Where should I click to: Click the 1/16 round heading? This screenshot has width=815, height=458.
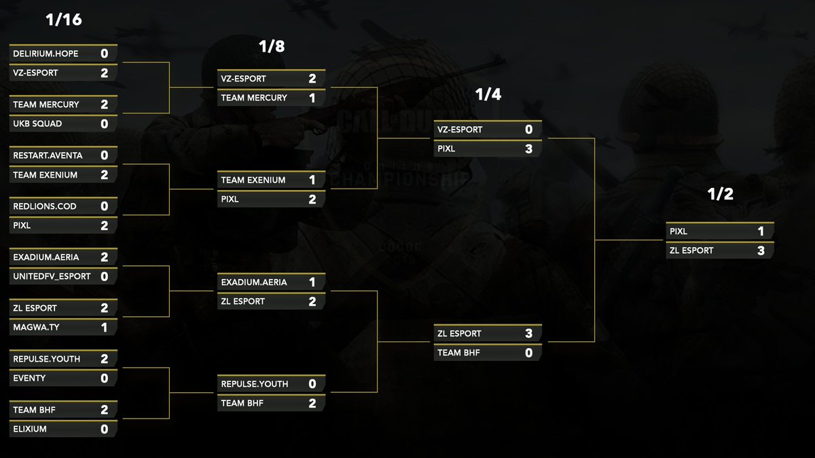[x=63, y=20]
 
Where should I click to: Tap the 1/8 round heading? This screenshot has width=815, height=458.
[x=272, y=47]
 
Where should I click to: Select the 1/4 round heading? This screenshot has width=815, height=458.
[x=488, y=95]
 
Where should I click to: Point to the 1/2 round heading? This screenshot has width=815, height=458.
[x=720, y=195]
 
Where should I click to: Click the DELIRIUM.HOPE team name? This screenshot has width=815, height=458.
[x=46, y=54]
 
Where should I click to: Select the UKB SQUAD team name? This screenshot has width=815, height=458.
[x=37, y=123]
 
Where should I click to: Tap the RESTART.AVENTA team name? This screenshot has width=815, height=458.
[x=48, y=155]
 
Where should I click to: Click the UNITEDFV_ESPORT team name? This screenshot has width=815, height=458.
[x=51, y=276]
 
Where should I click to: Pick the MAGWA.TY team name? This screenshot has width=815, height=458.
[x=36, y=327]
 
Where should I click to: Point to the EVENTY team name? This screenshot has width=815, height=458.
[x=29, y=378]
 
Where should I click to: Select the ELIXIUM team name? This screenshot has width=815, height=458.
[x=30, y=429]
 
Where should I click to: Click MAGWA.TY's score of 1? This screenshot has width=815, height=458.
[x=104, y=328]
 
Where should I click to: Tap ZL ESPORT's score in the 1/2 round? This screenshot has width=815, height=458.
[x=761, y=251]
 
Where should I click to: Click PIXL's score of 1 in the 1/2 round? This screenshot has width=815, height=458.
[x=761, y=232]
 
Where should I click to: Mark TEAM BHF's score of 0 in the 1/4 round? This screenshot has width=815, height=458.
[x=528, y=353]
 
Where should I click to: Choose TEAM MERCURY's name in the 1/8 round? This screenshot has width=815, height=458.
[x=254, y=98]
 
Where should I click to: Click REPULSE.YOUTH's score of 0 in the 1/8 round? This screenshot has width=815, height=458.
[x=312, y=384]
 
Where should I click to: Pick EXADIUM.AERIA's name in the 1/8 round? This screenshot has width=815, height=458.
[x=254, y=282]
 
